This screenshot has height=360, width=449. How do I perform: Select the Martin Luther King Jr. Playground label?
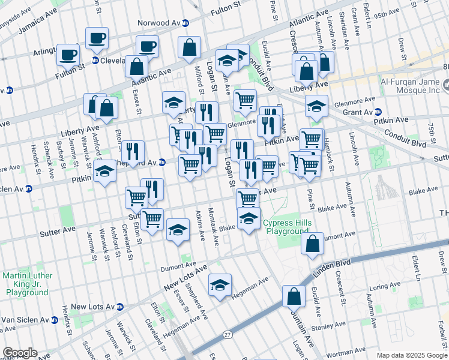click(x=26, y=283)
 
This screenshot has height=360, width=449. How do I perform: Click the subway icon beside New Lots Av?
click(x=120, y=307)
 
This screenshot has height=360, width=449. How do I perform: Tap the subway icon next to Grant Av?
click(x=378, y=112)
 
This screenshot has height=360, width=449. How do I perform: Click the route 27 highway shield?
click(x=227, y=334)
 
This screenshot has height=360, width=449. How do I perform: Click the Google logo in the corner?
click(x=20, y=353)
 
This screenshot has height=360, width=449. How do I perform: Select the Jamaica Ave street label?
click(x=35, y=27)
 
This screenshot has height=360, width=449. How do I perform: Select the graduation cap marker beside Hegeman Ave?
click(x=220, y=286)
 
